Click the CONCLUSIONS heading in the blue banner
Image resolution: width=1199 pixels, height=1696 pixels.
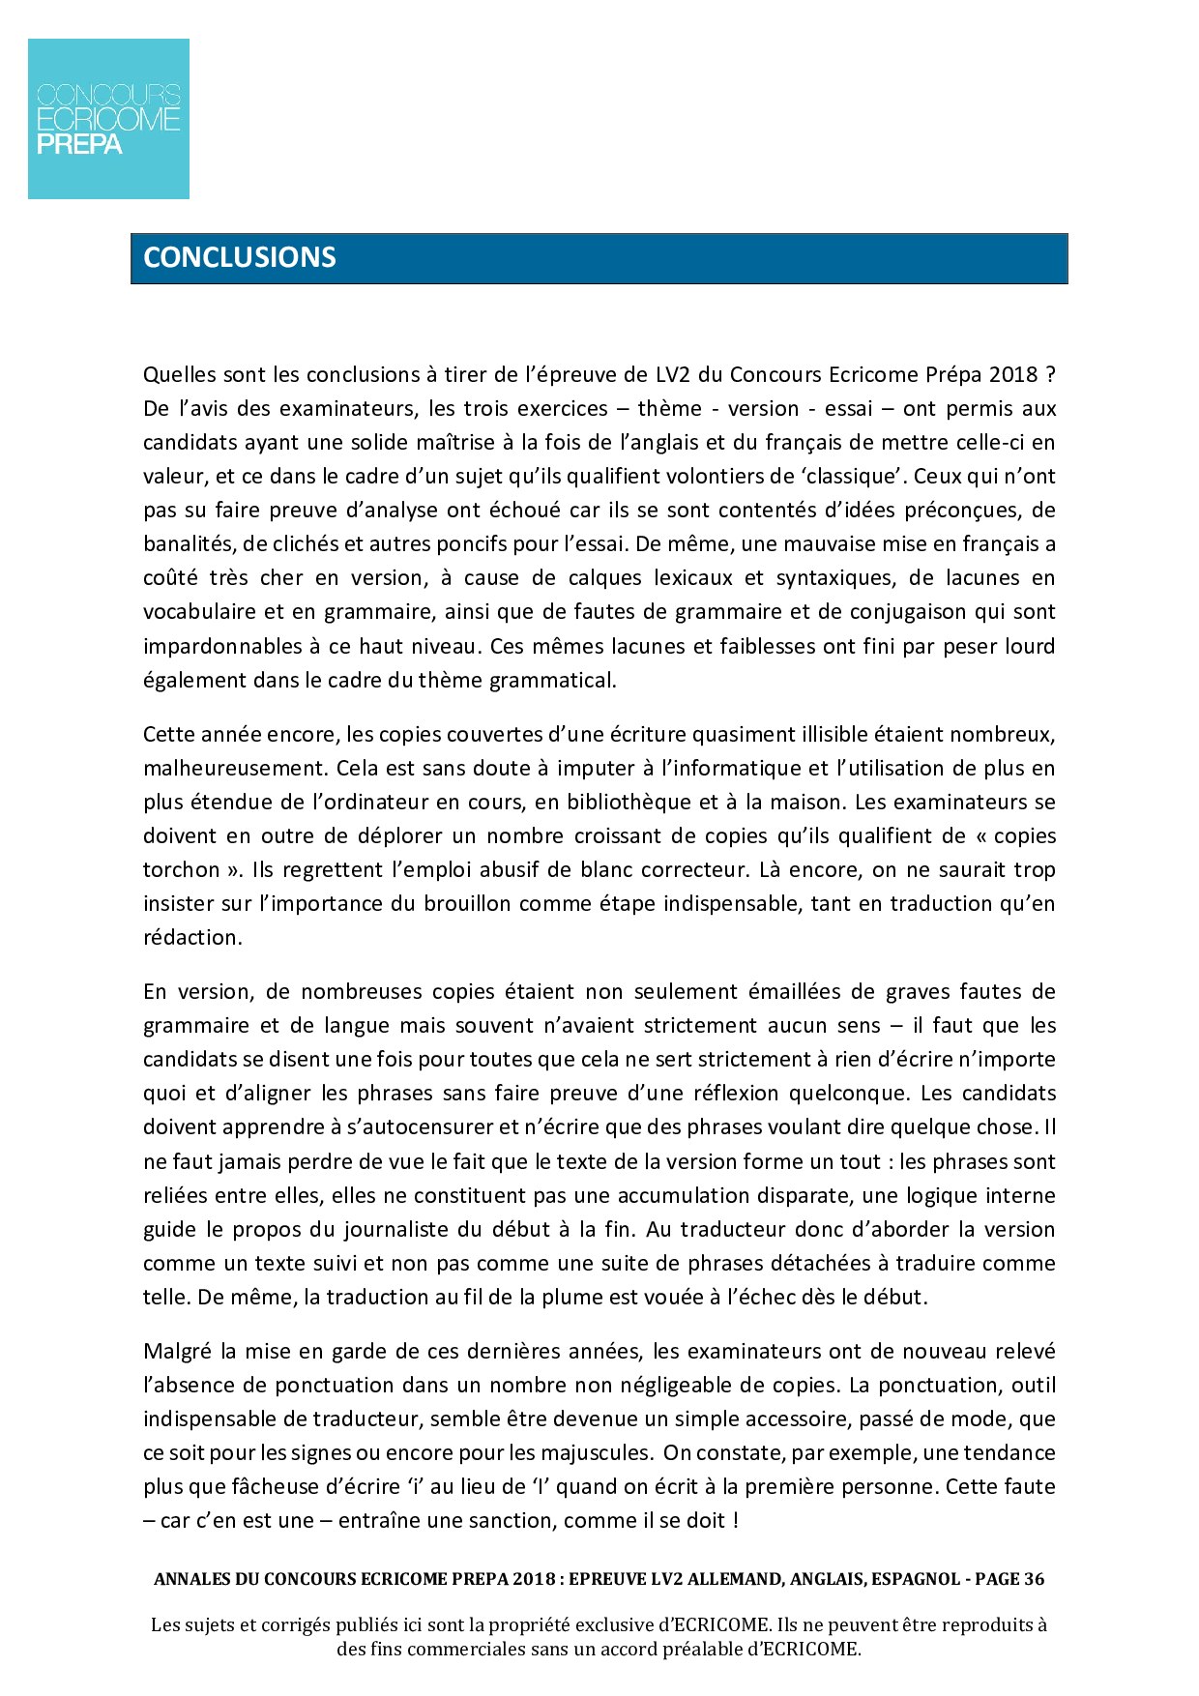coord(240,257)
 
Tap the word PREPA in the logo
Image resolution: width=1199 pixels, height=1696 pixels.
coord(79,145)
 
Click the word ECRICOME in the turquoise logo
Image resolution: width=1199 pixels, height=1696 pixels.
coord(108,120)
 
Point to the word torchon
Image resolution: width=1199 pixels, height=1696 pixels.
coord(182,870)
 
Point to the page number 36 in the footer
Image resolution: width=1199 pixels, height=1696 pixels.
coord(1034,1580)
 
